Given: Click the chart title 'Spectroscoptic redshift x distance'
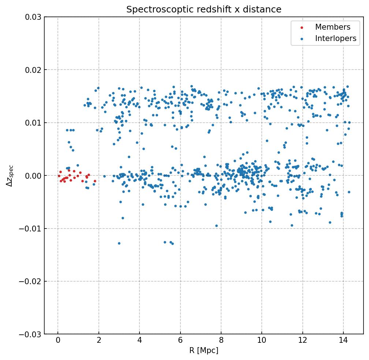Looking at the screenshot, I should click(204, 10).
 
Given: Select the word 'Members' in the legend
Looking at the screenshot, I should click(332, 27).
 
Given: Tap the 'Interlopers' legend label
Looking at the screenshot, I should click(335, 38).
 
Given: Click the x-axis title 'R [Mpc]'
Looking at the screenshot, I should click(204, 350).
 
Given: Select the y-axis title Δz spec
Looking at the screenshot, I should click(10, 175).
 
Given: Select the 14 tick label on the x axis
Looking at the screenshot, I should click(343, 341).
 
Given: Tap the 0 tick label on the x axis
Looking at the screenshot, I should click(58, 341).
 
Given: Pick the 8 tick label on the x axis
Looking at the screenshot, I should click(221, 341).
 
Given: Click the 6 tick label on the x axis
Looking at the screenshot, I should click(180, 341).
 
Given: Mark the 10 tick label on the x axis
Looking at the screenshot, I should click(261, 341).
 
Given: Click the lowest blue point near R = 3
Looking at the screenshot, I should click(119, 243).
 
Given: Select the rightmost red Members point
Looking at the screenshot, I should click(95, 181).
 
